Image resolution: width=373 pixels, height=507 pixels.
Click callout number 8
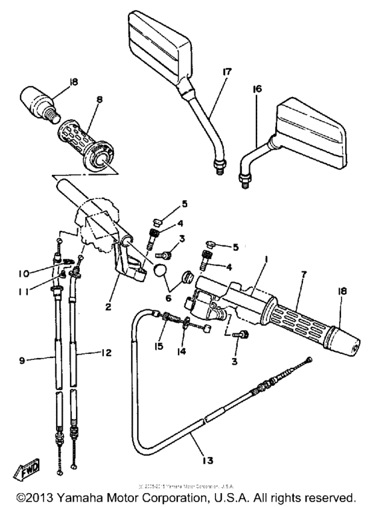pyautogui.click(x=99, y=100)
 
